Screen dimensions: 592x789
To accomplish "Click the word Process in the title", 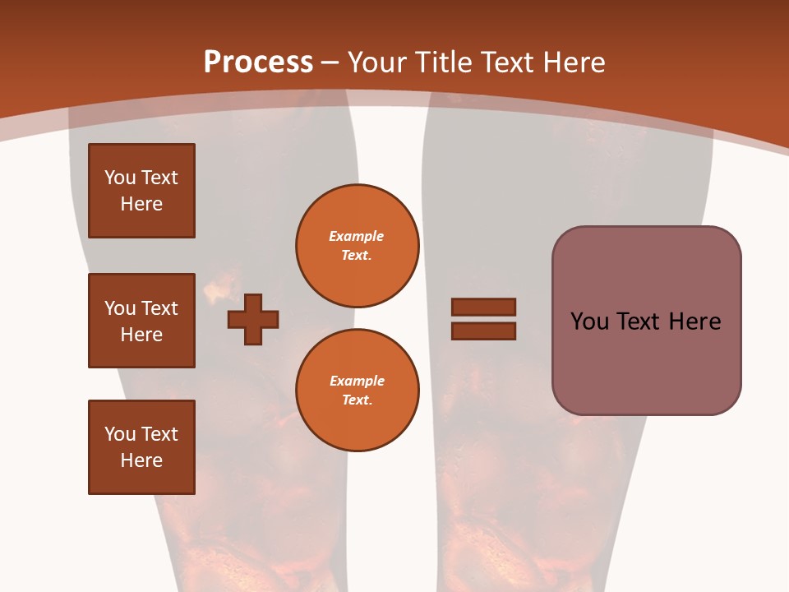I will click(x=258, y=62).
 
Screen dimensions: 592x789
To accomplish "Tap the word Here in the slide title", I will click(x=574, y=62).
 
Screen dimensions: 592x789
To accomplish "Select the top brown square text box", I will click(x=141, y=191).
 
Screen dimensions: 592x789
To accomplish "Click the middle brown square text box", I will click(x=141, y=321).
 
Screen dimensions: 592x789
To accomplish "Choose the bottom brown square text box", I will click(x=141, y=447).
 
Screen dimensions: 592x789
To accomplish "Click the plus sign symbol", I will click(x=253, y=319).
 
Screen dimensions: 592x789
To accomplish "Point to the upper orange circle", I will click(x=358, y=246).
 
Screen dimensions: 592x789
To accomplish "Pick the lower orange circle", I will click(x=358, y=391).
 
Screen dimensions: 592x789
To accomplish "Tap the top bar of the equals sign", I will click(x=483, y=307).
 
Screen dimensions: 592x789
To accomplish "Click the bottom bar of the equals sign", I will click(x=483, y=331).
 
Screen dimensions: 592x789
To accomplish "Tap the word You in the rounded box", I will click(x=589, y=321).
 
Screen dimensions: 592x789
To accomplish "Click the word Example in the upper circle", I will click(x=356, y=236).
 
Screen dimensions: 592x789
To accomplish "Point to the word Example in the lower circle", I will click(x=357, y=381).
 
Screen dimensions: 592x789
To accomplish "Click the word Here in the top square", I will click(x=141, y=204).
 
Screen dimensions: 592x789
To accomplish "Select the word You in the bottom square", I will click(x=119, y=434).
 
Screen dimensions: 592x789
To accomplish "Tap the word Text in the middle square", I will click(x=159, y=308).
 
